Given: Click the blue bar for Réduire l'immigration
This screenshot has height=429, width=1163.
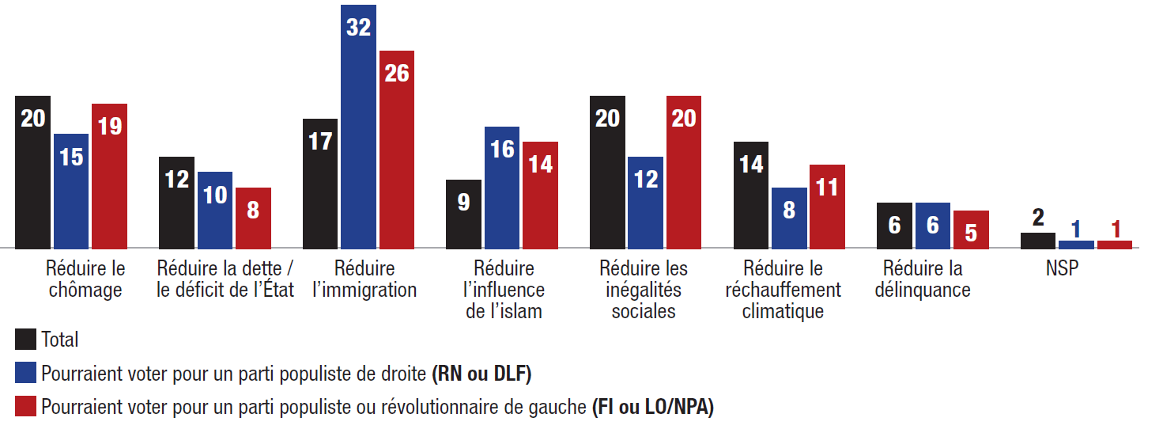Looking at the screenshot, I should pyautogui.click(x=358, y=127).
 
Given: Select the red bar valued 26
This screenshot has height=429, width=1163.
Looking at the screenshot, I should pyautogui.click(x=396, y=150).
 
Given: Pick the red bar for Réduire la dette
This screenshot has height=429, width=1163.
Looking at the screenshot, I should pyautogui.click(x=253, y=218).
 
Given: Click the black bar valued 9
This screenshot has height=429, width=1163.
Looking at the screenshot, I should pyautogui.click(x=463, y=214).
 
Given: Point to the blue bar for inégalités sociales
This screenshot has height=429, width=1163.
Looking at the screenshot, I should pyautogui.click(x=645, y=203).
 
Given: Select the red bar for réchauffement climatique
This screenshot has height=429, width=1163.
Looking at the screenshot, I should pyautogui.click(x=827, y=207).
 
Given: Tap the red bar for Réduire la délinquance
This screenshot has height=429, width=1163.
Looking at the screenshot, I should pyautogui.click(x=971, y=230).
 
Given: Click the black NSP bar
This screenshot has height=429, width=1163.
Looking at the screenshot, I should pyautogui.click(x=1037, y=241).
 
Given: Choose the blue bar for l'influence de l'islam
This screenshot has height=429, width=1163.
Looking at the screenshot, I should pyautogui.click(x=502, y=188).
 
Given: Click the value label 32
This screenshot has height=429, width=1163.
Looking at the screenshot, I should pyautogui.click(x=358, y=28).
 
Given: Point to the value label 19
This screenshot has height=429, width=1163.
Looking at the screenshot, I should pyautogui.click(x=109, y=126).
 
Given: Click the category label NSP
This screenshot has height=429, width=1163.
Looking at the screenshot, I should pyautogui.click(x=1062, y=269).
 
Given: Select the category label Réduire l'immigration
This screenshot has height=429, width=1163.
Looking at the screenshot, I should pyautogui.click(x=364, y=279).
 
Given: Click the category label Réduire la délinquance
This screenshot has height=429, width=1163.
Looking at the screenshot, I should pyautogui.click(x=923, y=279).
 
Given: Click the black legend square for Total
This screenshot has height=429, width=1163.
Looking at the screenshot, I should pyautogui.click(x=25, y=340).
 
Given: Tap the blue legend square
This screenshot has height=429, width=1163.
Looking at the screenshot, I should pyautogui.click(x=25, y=373).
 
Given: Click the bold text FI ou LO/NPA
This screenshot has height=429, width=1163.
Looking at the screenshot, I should pyautogui.click(x=652, y=407).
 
